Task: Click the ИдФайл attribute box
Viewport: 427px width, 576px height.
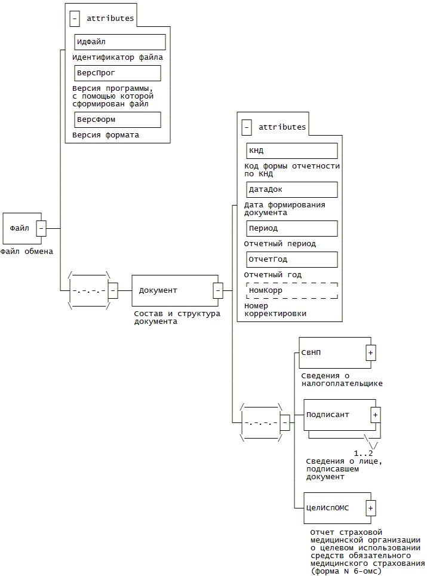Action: (119, 42)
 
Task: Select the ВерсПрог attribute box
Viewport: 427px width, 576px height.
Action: (117, 73)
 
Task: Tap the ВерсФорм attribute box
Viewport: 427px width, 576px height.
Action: (117, 120)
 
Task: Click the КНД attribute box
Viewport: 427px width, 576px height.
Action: (291, 151)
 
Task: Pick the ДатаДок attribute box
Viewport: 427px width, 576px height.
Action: (291, 189)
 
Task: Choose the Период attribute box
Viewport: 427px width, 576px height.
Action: (291, 228)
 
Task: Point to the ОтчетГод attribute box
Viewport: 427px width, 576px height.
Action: (291, 260)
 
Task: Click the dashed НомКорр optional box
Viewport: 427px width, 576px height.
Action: (291, 290)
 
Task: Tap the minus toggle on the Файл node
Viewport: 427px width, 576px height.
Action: (41, 228)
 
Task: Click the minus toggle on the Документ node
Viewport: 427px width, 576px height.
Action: (218, 290)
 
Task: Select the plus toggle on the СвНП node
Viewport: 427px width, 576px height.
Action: (371, 353)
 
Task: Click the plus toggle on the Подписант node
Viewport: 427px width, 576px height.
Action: (376, 415)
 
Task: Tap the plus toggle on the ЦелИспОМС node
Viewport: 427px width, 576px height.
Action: (371, 508)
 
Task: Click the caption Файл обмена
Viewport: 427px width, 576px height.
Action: (27, 252)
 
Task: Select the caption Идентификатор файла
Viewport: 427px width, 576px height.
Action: (118, 57)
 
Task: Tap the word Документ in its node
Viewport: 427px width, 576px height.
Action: (158, 290)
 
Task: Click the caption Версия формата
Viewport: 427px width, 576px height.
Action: (106, 135)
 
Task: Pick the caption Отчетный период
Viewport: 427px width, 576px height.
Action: (279, 244)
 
